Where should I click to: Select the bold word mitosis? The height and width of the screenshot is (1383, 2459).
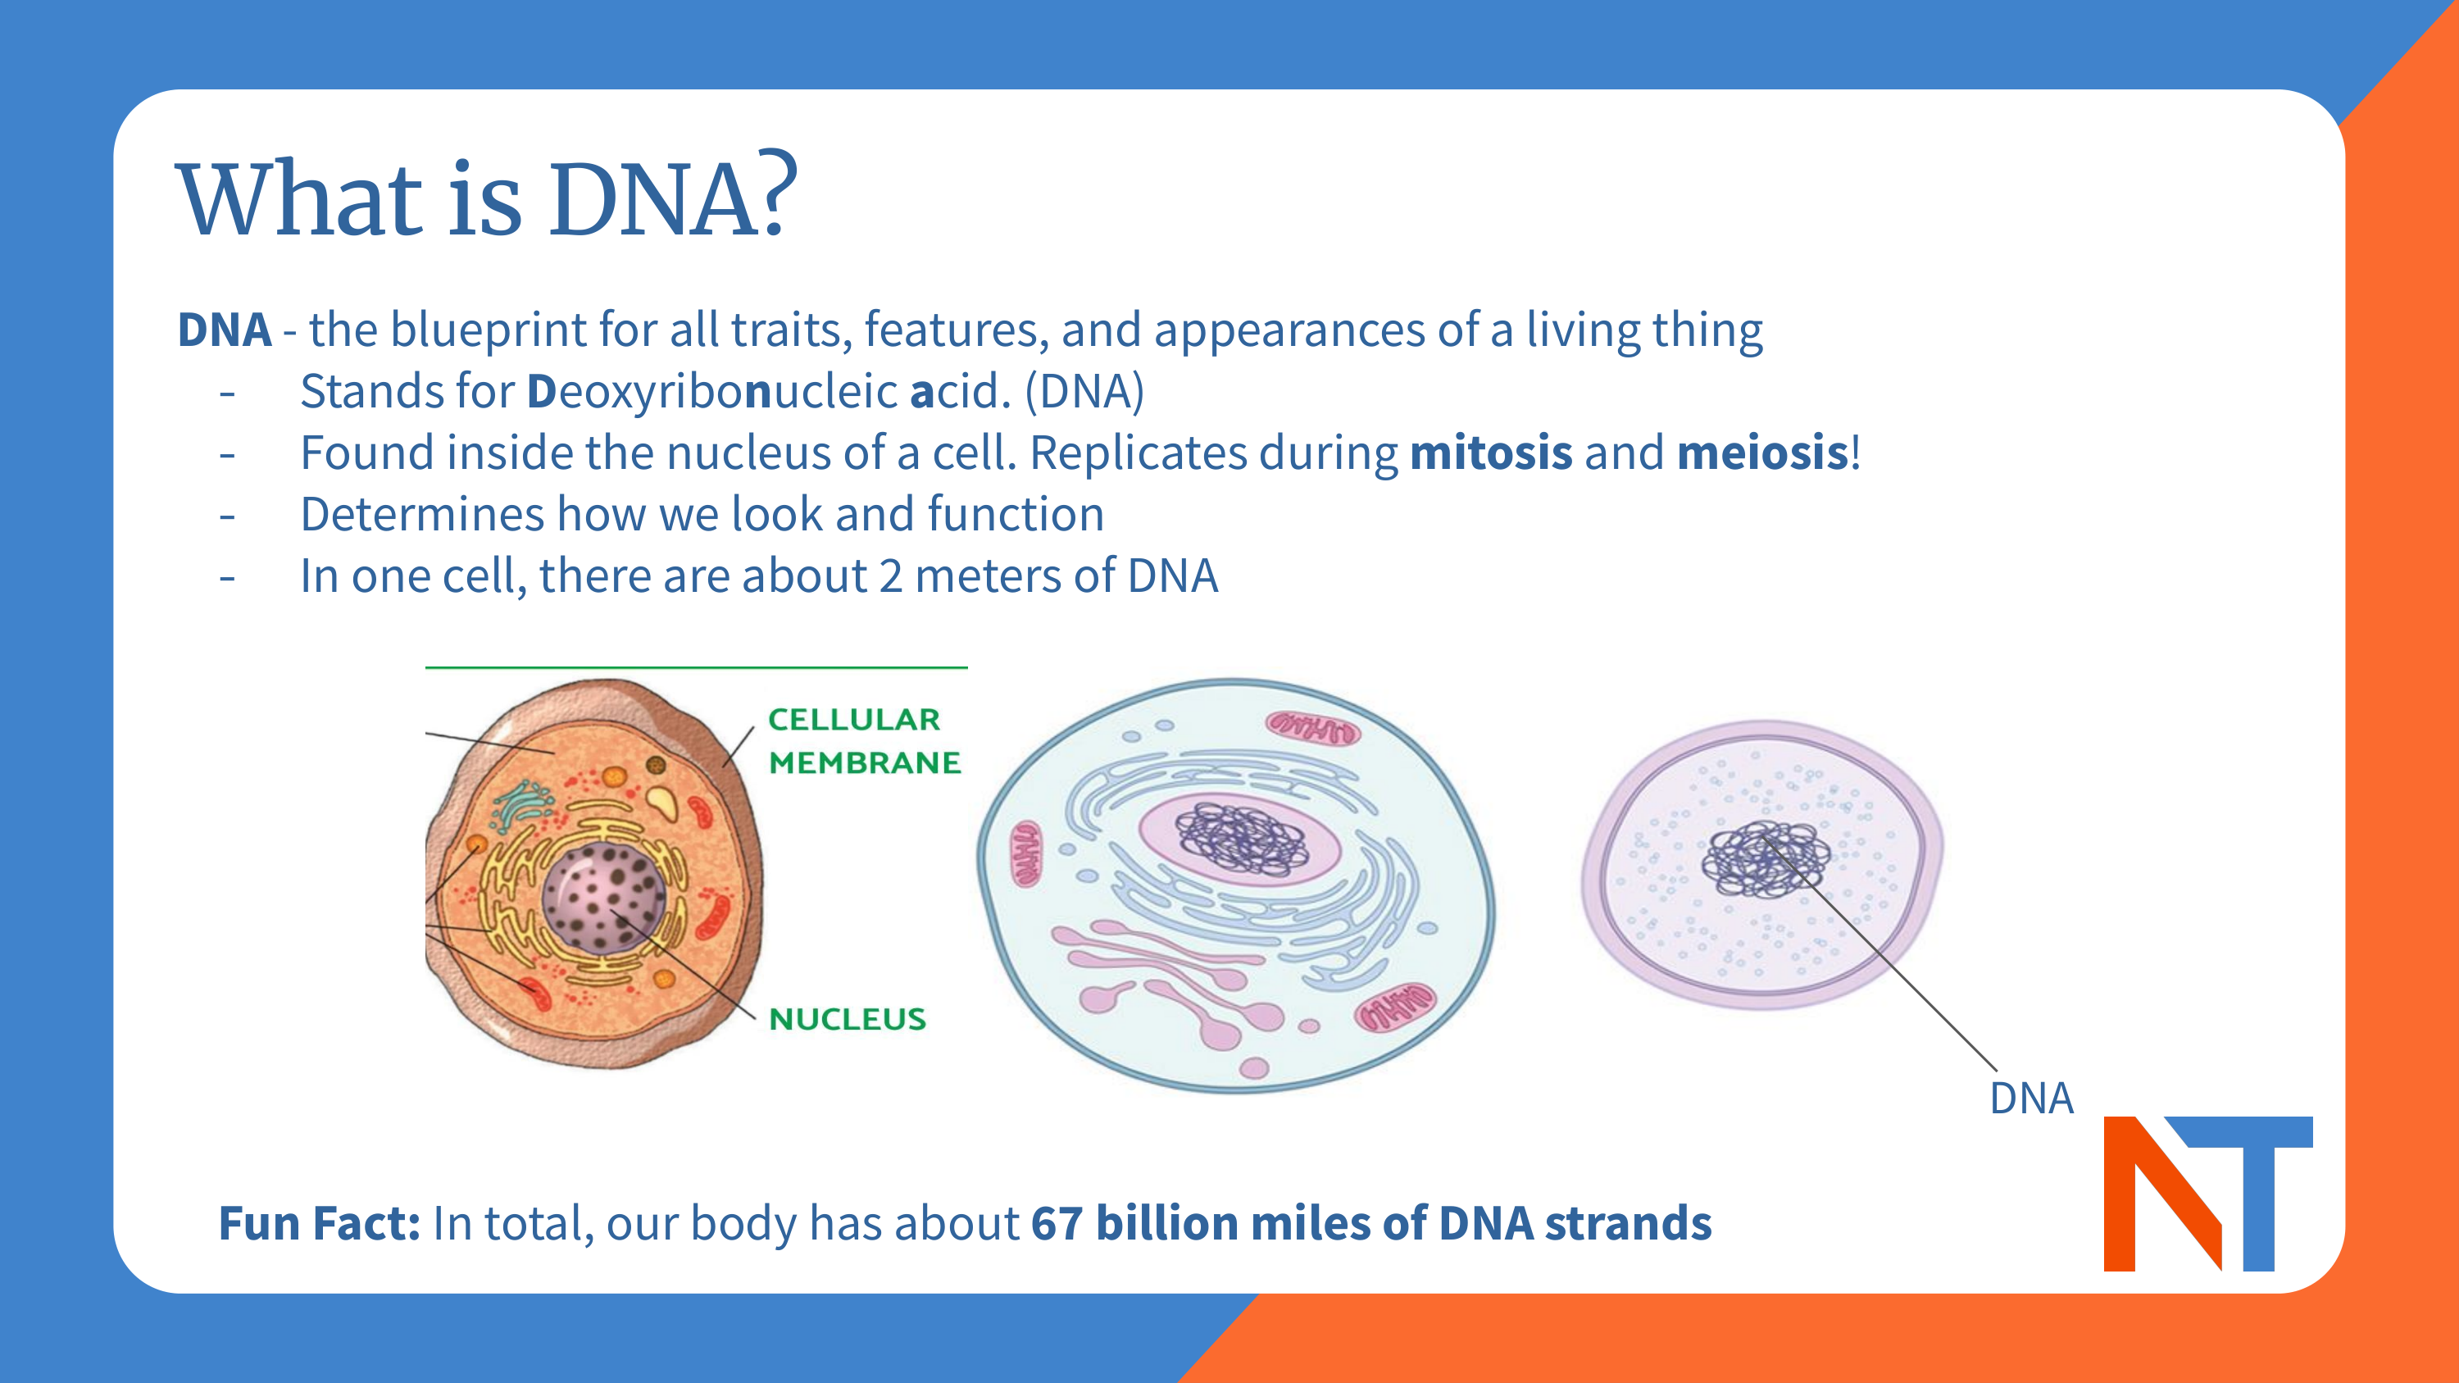tap(1490, 453)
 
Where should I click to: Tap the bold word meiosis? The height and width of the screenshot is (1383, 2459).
tap(1762, 453)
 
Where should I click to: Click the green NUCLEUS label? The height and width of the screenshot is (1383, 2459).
tap(848, 1019)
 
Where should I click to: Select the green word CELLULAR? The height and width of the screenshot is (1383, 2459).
tap(854, 720)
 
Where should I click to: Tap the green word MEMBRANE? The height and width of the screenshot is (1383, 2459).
tap(865, 762)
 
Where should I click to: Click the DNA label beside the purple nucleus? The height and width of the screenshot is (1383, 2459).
tap(2031, 1099)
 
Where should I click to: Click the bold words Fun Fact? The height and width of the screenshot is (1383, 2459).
tap(320, 1224)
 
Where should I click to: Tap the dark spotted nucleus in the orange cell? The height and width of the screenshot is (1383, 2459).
tap(603, 895)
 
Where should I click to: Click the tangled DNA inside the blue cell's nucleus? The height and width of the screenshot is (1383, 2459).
tap(1241, 838)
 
